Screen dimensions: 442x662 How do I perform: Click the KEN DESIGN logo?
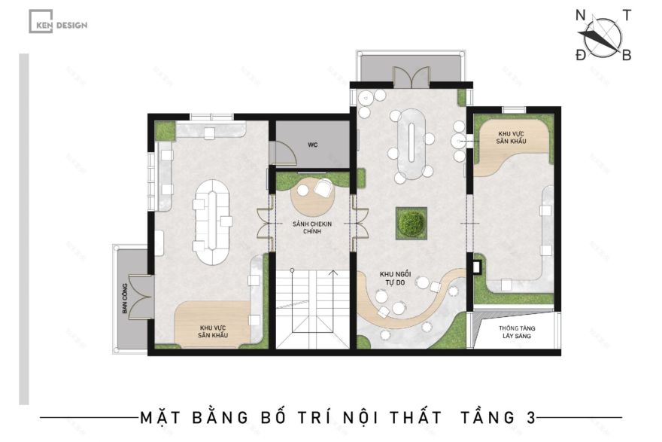point(58,24)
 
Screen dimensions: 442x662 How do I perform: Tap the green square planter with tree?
point(411,223)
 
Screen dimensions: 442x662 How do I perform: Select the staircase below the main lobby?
point(311,309)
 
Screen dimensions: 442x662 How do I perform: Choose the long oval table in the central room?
point(411,143)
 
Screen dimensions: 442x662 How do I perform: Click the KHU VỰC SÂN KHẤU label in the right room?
point(512,137)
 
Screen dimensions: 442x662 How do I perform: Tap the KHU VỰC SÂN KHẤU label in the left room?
point(214,331)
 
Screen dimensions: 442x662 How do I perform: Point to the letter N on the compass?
point(581,16)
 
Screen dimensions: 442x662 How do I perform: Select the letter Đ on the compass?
point(580,55)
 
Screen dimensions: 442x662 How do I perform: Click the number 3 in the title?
point(531,417)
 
